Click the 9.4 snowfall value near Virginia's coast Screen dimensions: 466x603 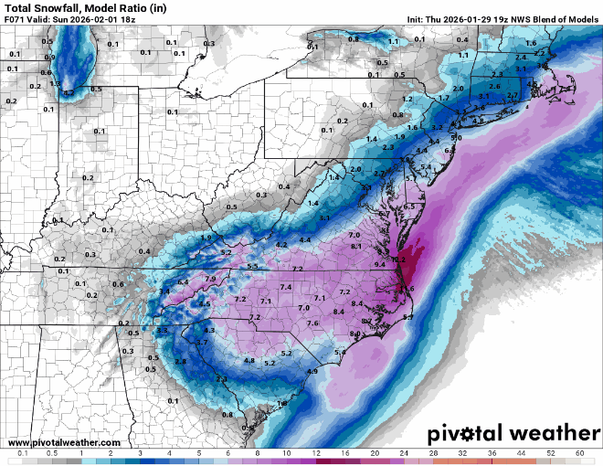(x=379, y=263)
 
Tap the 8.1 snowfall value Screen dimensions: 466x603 (x=356, y=247)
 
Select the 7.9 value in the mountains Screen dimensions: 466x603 (x=210, y=279)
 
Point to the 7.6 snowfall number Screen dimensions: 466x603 (x=312, y=323)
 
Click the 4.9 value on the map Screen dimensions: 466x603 (x=312, y=371)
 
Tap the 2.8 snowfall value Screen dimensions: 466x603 (x=181, y=362)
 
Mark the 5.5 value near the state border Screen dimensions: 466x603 (x=253, y=266)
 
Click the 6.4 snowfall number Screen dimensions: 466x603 (x=183, y=282)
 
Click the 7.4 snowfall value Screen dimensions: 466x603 (x=286, y=287)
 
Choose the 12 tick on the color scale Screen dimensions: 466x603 (x=316, y=453)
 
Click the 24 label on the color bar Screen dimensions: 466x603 (x=404, y=453)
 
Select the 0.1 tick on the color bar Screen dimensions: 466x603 (x=23, y=453)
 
